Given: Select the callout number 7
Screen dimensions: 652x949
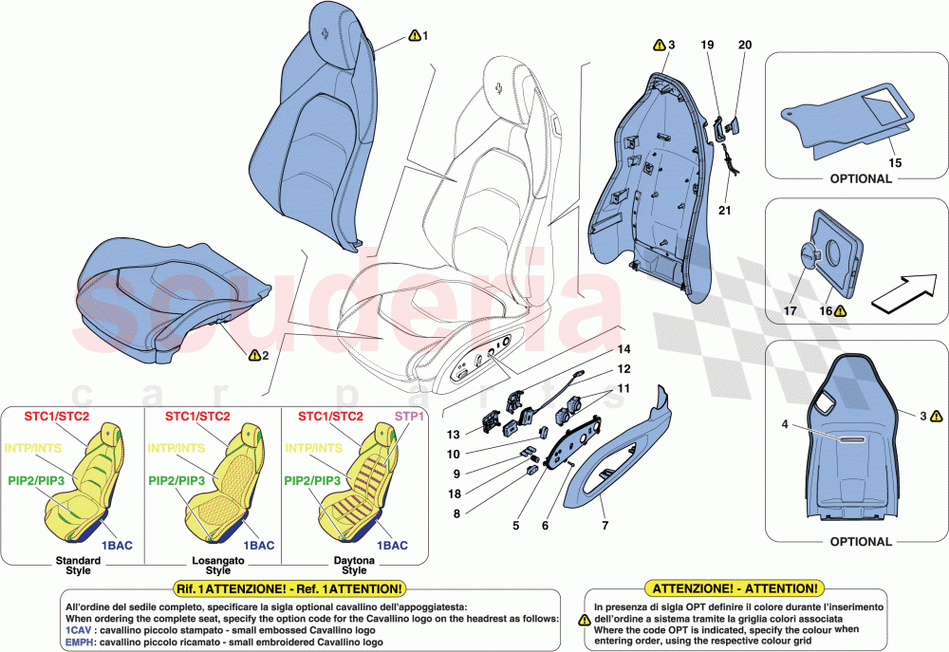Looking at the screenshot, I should (x=604, y=524).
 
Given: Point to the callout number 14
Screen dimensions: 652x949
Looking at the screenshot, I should (x=623, y=350).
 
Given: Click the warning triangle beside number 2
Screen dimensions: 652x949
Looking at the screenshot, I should (x=253, y=355).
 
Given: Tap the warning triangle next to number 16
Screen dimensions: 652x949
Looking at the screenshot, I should (x=840, y=310).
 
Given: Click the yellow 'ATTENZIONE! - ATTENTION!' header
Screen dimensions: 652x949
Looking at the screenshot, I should (x=732, y=588).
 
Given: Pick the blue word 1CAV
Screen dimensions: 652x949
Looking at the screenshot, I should (x=79, y=630).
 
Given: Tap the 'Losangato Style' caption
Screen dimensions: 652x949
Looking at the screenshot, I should (x=218, y=565).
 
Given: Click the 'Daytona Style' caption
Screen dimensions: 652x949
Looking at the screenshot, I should (x=354, y=565).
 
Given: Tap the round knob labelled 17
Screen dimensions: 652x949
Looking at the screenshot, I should (x=809, y=255).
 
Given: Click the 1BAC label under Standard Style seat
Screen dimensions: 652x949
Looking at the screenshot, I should (x=118, y=546).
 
